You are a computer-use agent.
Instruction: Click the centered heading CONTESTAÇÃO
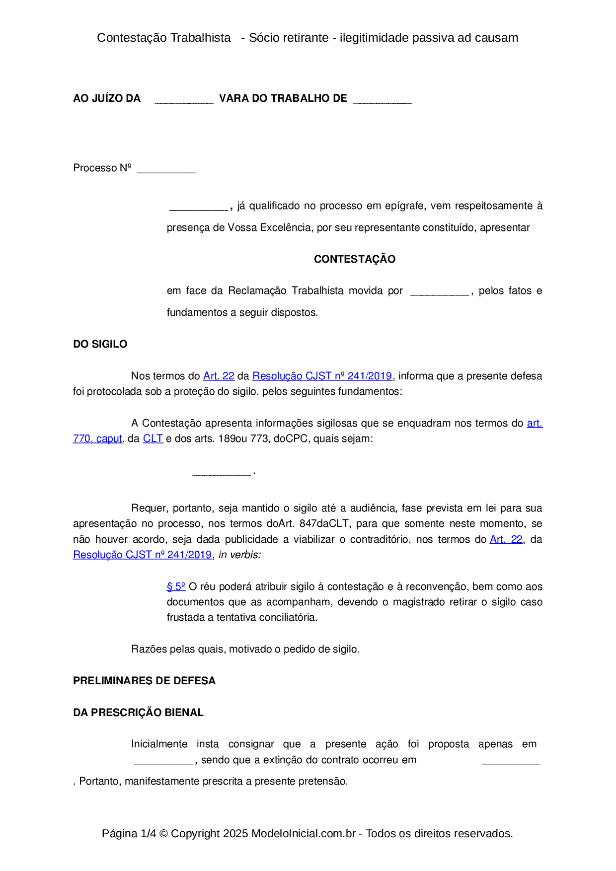(x=354, y=259)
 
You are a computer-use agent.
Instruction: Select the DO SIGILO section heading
(x=100, y=344)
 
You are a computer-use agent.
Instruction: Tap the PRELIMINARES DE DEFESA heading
(x=144, y=681)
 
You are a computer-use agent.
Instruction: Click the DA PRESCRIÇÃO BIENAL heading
(x=138, y=713)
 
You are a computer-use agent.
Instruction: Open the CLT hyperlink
(x=153, y=439)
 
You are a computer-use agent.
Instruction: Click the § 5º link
(x=176, y=587)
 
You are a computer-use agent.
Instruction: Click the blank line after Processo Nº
(x=166, y=170)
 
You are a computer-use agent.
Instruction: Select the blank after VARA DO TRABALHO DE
(x=382, y=100)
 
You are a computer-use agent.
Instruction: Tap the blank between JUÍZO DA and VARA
(x=184, y=100)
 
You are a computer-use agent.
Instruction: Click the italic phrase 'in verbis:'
(x=239, y=555)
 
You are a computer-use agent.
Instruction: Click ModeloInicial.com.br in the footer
(x=303, y=834)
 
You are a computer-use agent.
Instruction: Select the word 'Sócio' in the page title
(x=263, y=38)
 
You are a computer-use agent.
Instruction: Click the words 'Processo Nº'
(x=102, y=168)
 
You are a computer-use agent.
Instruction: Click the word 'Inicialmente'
(x=159, y=744)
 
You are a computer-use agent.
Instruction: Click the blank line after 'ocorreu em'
(x=511, y=762)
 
